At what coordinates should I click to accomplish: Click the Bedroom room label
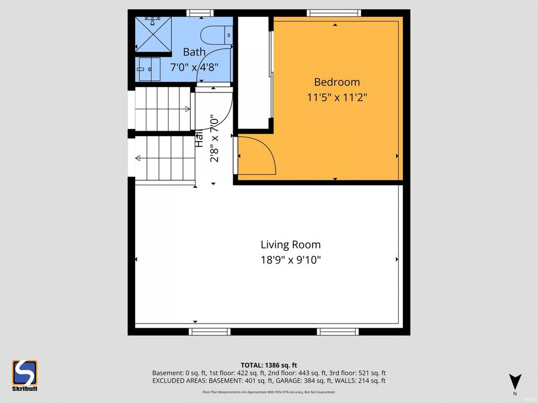pyautogui.click(x=337, y=82)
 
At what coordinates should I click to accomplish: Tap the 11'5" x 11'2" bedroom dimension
pyautogui.click(x=337, y=97)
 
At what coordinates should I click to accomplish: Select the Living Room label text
pyautogui.click(x=291, y=245)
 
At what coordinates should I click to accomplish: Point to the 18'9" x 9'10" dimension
pyautogui.click(x=291, y=260)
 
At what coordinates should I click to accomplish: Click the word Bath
pyautogui.click(x=194, y=52)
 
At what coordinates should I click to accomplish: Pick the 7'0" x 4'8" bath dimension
pyautogui.click(x=194, y=67)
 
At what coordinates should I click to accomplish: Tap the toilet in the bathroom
pyautogui.click(x=215, y=35)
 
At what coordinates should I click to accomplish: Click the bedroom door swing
pyautogui.click(x=256, y=155)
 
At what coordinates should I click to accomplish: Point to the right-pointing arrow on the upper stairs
pyautogui.click(x=188, y=109)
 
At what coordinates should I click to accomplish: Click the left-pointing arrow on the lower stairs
pyautogui.click(x=138, y=158)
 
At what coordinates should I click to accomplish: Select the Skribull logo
pyautogui.click(x=25, y=376)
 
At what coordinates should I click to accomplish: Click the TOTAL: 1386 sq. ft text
pyautogui.click(x=268, y=365)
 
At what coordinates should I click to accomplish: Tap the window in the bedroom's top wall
pyautogui.click(x=334, y=13)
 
